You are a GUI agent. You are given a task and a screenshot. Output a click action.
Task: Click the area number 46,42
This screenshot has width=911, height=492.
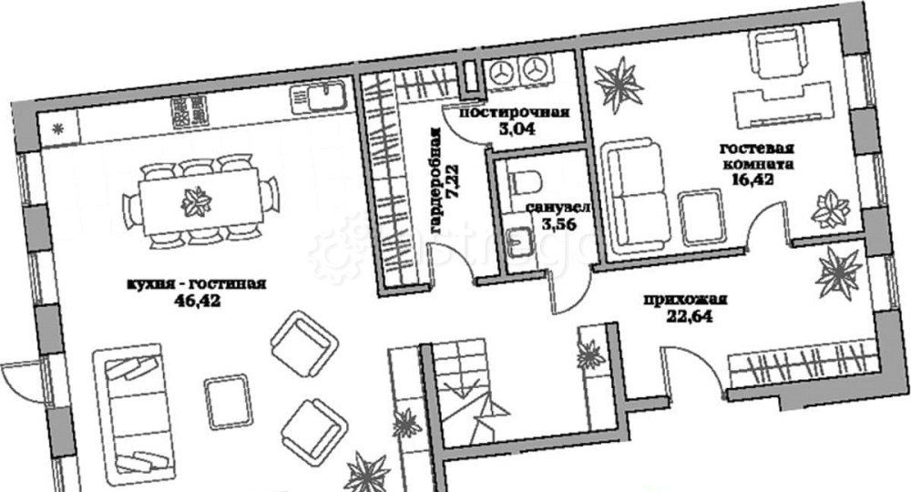(198, 301)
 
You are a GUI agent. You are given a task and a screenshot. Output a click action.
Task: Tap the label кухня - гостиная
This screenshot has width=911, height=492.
(197, 284)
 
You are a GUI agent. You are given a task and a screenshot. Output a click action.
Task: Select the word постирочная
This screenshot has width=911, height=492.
(514, 112)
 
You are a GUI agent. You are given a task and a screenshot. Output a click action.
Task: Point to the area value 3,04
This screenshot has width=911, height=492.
(517, 128)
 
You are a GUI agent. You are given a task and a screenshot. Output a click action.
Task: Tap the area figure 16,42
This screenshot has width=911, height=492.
(753, 179)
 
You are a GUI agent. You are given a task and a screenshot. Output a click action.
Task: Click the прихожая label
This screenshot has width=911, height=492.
(685, 301)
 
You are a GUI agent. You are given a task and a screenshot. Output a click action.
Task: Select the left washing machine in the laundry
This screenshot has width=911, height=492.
(501, 73)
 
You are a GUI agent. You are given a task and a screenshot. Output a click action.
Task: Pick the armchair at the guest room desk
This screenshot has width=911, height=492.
(772, 52)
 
